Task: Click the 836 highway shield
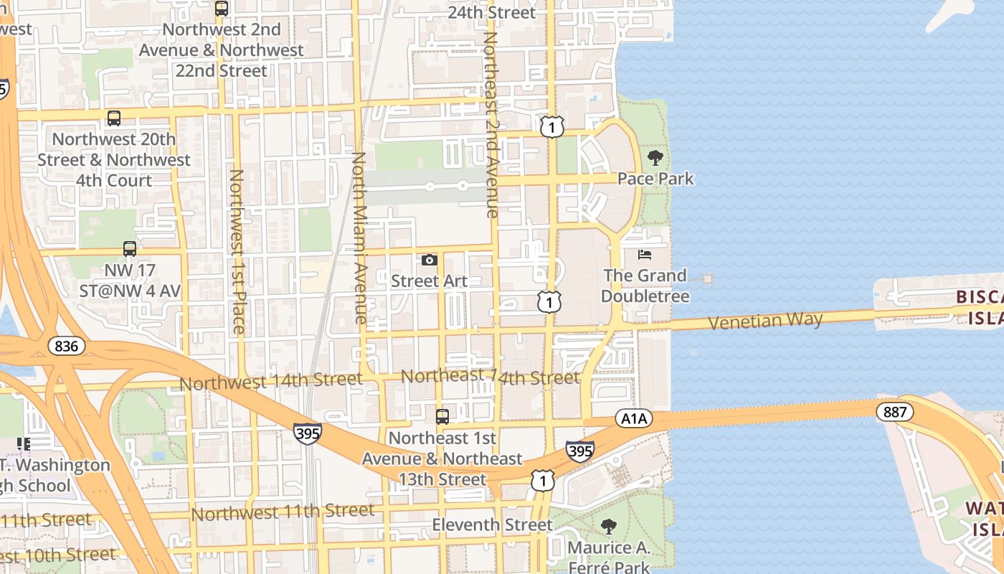click(67, 347)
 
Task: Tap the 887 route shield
click(895, 412)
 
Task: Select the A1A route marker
click(633, 419)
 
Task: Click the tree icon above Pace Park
click(655, 158)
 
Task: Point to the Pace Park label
click(655, 179)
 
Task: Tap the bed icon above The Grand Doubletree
click(645, 255)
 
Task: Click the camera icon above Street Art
click(430, 260)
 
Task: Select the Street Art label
click(429, 281)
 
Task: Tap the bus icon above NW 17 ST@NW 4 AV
click(130, 249)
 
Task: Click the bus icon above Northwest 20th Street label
click(113, 118)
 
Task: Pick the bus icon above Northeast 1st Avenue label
click(442, 416)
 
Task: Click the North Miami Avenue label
click(360, 237)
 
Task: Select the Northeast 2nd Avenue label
click(491, 123)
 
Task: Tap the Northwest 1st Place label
click(237, 251)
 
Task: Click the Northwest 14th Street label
click(271, 381)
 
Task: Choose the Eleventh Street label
click(492, 525)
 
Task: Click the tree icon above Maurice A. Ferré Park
click(608, 527)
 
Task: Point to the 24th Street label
click(491, 13)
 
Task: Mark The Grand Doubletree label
click(645, 286)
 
